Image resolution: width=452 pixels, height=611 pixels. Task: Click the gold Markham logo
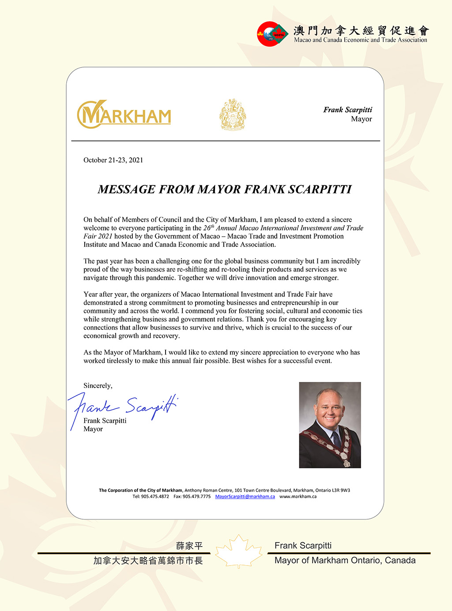124,114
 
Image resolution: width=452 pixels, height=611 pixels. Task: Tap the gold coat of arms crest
233,114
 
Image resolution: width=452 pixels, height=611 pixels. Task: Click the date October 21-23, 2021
113,160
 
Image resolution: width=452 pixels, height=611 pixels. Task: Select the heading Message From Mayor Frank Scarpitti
225,189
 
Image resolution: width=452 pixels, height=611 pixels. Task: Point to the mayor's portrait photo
330,425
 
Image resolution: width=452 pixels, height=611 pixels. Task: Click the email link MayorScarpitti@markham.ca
245,497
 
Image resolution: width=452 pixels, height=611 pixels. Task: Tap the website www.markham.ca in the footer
298,497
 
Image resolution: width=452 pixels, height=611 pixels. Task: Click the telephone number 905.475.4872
155,497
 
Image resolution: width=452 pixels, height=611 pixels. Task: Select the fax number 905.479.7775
196,497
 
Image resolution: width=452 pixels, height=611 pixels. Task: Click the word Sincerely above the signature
98,386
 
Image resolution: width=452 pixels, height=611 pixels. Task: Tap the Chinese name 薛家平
189,546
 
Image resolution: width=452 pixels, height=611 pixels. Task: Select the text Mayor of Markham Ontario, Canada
345,561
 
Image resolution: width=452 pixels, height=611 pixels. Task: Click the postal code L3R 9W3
341,490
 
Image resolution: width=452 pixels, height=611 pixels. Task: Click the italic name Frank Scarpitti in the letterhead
347,110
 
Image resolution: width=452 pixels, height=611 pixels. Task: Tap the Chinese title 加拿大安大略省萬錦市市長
148,561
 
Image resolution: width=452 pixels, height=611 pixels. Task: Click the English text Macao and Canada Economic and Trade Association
360,40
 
